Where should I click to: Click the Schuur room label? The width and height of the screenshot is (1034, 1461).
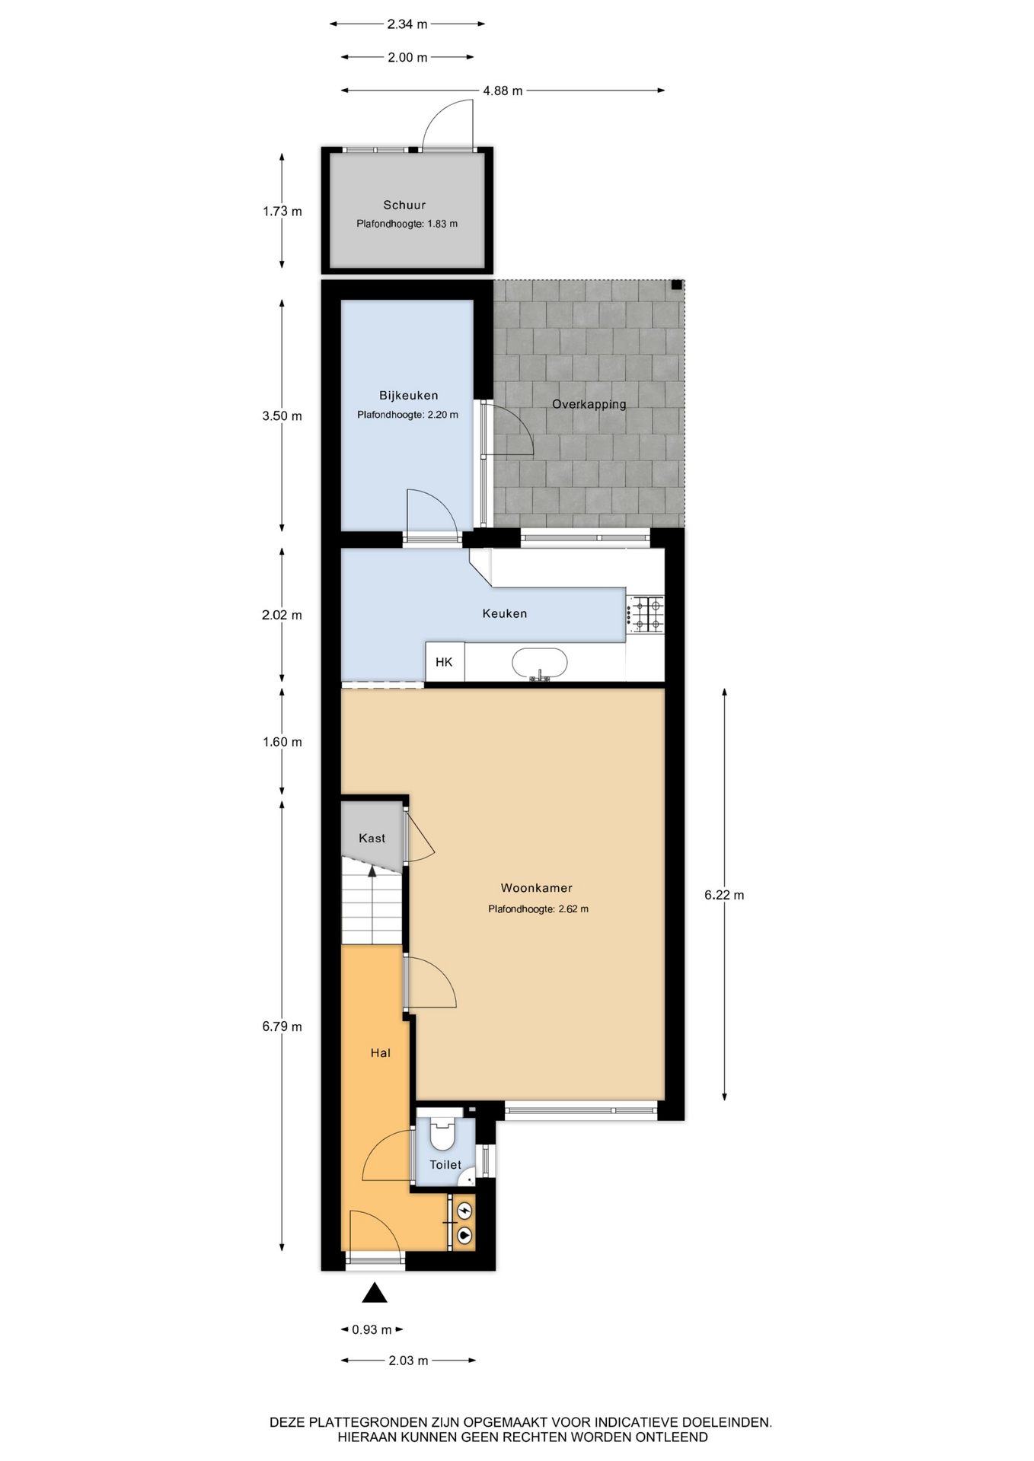point(404,205)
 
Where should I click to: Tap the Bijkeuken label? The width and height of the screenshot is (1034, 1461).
point(409,396)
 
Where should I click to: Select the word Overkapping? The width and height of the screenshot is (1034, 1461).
point(589,404)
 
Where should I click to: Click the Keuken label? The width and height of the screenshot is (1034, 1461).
point(505,613)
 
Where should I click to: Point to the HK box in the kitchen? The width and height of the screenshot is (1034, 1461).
point(445,662)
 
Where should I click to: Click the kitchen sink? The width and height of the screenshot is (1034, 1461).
point(540,664)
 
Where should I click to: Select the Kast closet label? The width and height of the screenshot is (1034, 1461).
point(372,838)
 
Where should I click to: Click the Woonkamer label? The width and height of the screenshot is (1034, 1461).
point(537,887)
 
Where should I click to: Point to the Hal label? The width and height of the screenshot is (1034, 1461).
point(381,1052)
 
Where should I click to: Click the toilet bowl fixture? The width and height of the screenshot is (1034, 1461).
point(442,1134)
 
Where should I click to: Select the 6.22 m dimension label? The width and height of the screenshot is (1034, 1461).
point(724,895)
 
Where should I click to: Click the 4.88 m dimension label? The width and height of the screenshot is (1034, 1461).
point(503,91)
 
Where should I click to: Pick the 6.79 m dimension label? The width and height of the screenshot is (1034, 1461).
point(282,1027)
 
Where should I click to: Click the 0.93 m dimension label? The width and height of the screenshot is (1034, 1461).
point(372,1329)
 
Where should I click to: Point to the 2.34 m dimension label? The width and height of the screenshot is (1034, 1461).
point(407,24)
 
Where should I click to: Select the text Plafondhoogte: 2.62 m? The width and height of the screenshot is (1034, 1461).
point(538,909)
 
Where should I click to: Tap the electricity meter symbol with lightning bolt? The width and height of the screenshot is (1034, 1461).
point(464,1209)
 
